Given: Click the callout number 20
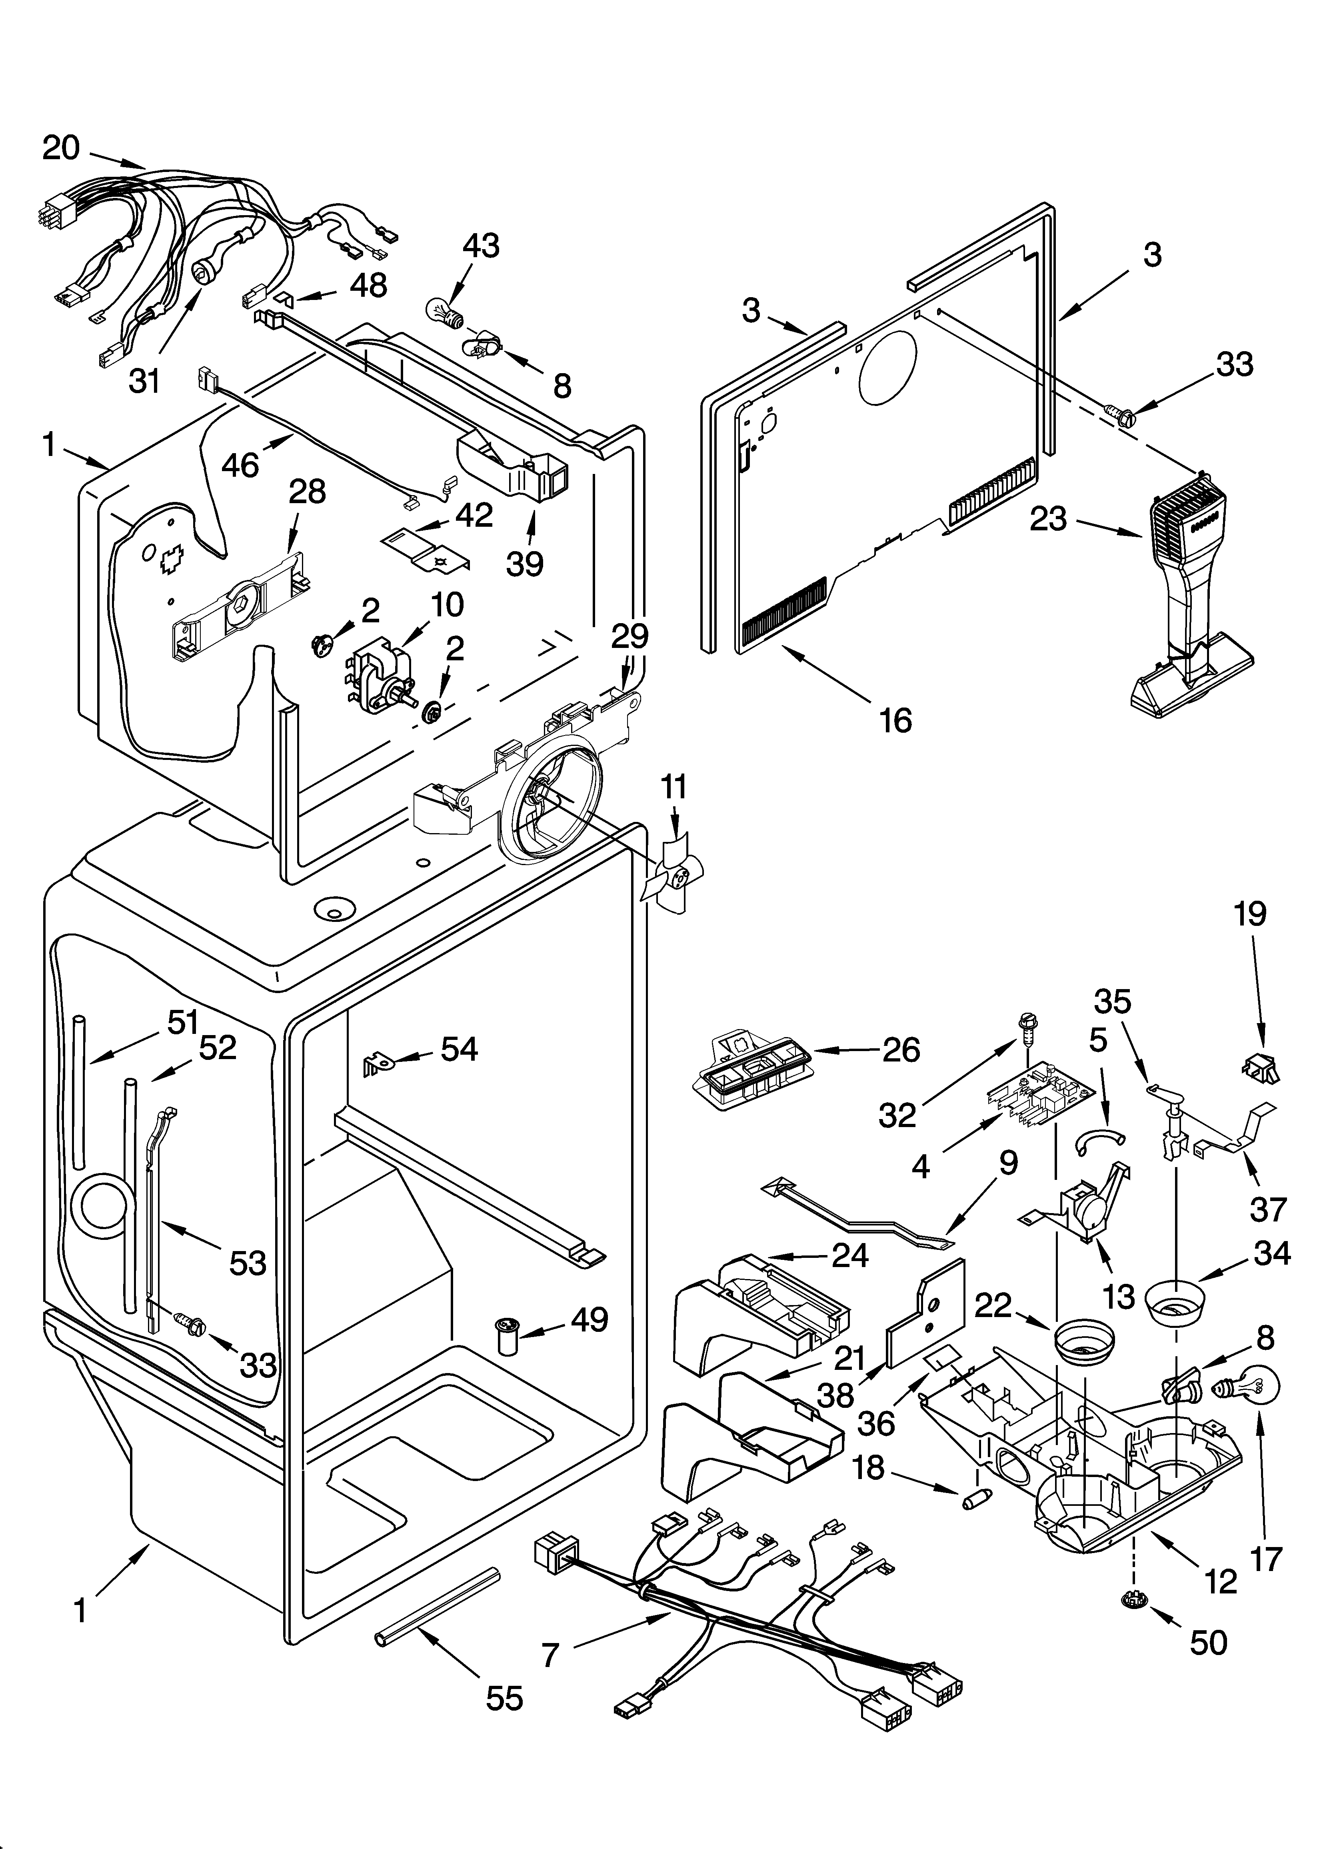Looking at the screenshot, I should [x=61, y=148].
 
